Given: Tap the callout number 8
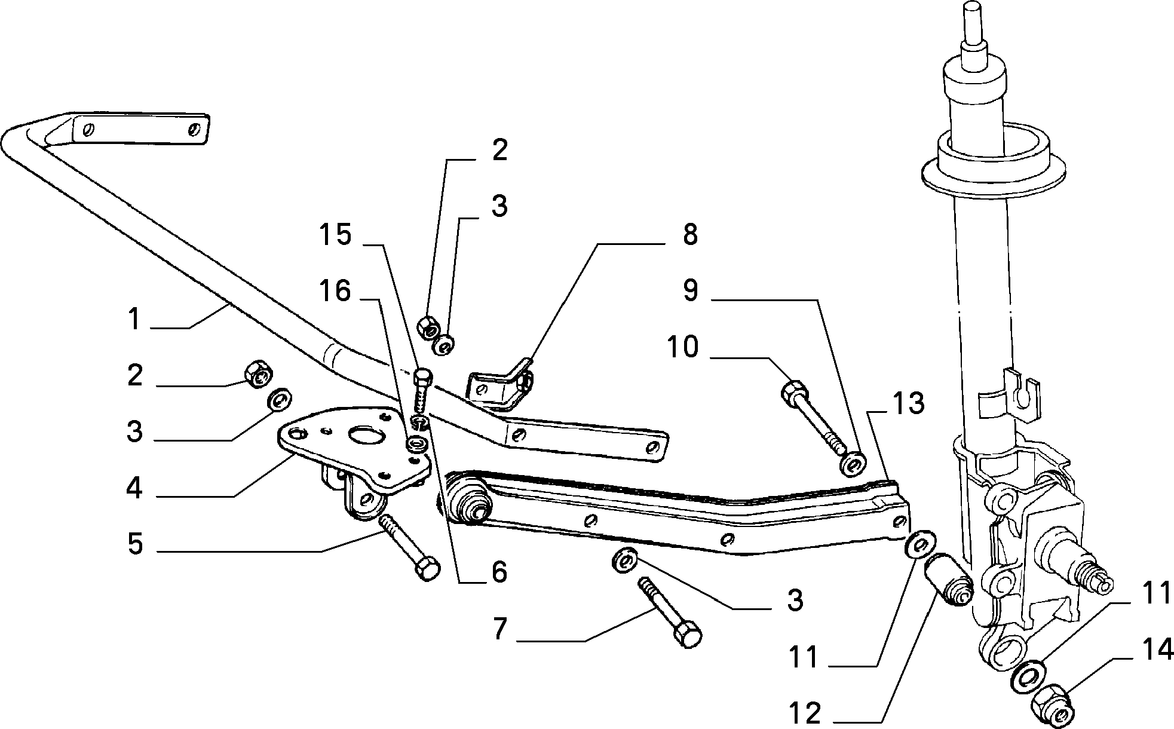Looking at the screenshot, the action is click(690, 235).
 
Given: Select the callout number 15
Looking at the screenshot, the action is click(335, 234).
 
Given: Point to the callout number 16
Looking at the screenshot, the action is click(335, 292).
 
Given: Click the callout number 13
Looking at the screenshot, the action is click(908, 404).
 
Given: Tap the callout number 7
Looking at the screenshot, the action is click(500, 629).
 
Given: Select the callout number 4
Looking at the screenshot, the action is click(134, 488).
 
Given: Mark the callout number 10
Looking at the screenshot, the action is click(683, 347).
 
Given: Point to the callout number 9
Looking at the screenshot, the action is click(690, 291).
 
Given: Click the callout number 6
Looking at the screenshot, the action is click(499, 572).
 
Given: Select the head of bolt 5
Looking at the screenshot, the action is click(427, 568).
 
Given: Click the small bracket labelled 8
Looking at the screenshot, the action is click(501, 385).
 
